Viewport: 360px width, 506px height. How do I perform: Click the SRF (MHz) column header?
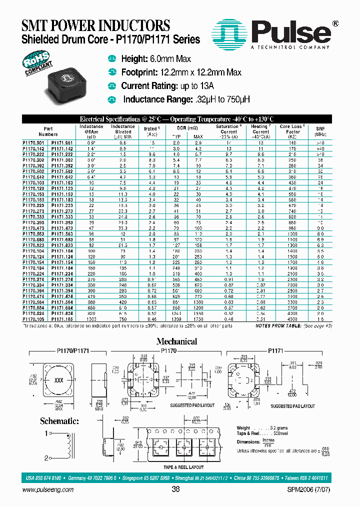(x=320, y=131)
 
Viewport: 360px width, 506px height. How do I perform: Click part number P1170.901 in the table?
(x=33, y=143)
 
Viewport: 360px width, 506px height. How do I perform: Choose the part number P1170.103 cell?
(x=33, y=183)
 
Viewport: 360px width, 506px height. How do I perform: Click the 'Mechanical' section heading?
(x=176, y=341)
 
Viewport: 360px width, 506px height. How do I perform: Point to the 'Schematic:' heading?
(x=59, y=421)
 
